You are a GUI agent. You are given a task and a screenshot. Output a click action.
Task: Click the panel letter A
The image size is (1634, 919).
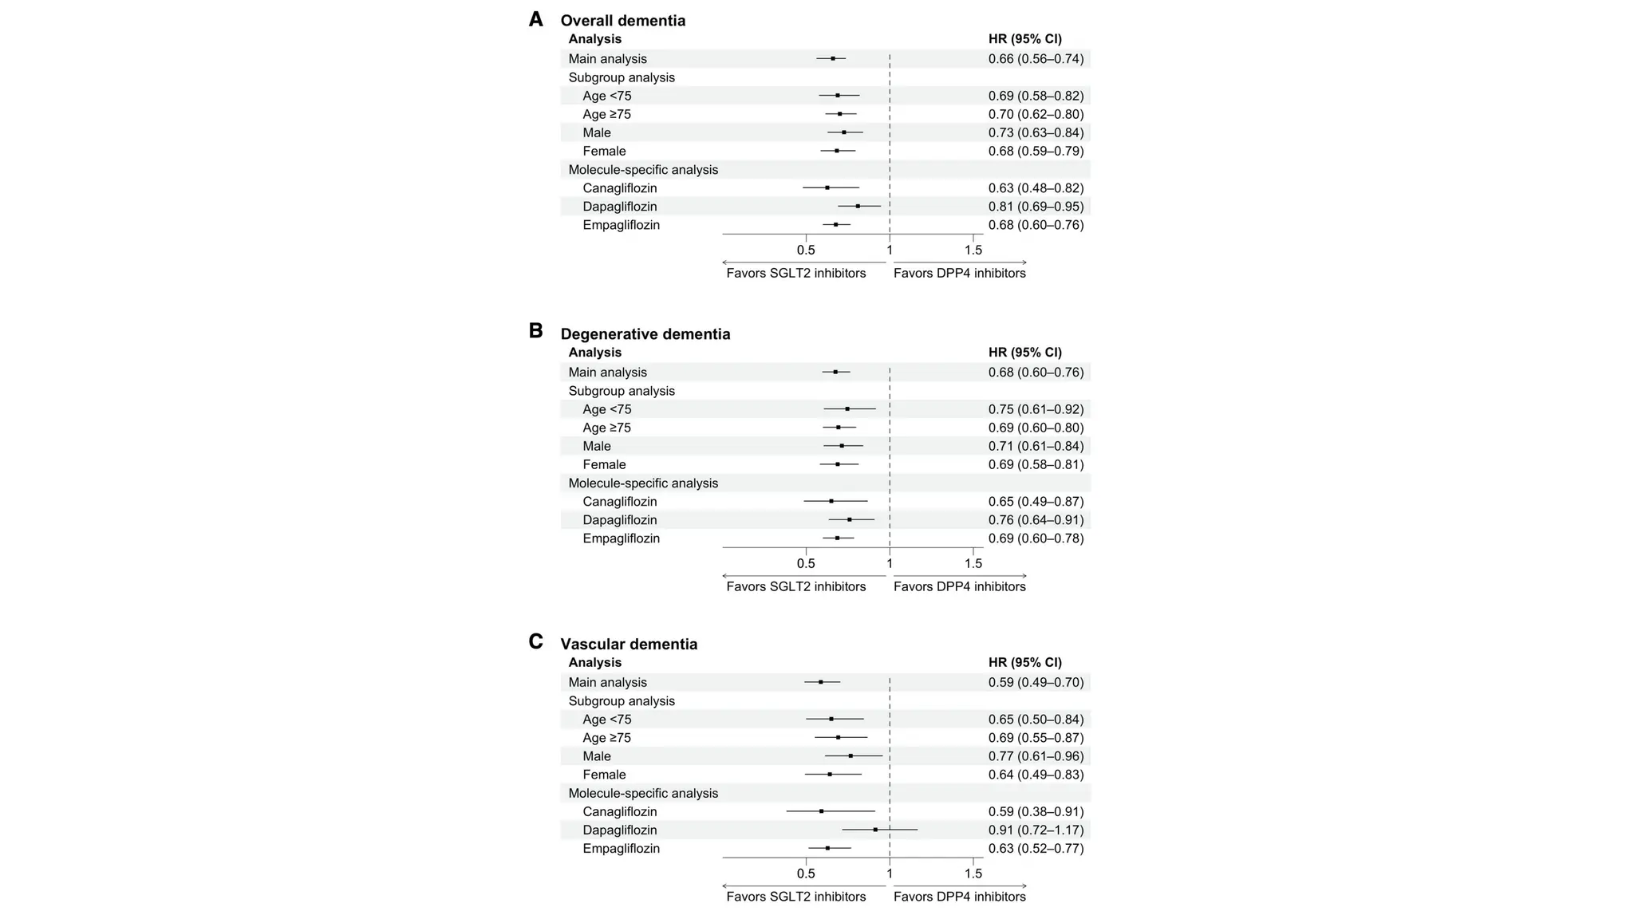[x=536, y=19]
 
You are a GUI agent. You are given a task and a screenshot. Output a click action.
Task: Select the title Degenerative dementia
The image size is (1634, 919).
[x=645, y=334]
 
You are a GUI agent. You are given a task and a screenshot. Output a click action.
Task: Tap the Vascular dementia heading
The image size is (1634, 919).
[x=629, y=644]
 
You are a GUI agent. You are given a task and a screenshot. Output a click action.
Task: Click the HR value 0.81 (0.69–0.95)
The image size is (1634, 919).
[x=1036, y=207]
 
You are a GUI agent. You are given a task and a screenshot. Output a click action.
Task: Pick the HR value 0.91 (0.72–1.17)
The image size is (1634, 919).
[x=1036, y=830]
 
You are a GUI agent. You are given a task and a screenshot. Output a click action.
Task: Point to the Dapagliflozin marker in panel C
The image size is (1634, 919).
[x=875, y=830]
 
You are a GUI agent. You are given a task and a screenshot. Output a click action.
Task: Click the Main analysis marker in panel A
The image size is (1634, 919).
[x=833, y=58]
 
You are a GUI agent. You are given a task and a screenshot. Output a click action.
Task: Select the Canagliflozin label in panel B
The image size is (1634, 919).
[x=619, y=502]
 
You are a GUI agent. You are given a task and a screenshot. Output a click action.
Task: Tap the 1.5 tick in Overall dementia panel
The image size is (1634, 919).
[x=973, y=250]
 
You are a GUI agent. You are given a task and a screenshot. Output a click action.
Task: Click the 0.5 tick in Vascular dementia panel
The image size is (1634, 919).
[x=806, y=874]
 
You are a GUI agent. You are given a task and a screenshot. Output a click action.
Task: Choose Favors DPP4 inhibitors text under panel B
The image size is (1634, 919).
[x=959, y=586]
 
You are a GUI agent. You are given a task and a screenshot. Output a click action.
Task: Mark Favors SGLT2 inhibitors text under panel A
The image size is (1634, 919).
[x=795, y=273]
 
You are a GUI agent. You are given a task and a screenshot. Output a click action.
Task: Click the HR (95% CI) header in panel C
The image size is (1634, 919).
[x=1024, y=662]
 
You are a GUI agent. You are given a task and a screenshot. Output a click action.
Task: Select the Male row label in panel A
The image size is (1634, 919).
[x=597, y=132]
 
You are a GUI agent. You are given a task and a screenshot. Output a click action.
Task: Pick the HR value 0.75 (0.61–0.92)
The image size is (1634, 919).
[x=1036, y=409]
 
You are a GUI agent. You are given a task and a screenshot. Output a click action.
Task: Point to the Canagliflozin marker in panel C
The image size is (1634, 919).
[x=821, y=811]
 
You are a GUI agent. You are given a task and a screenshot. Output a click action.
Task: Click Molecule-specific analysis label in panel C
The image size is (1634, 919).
[x=643, y=793]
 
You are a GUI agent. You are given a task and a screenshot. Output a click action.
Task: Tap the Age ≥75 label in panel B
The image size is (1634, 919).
[x=606, y=428]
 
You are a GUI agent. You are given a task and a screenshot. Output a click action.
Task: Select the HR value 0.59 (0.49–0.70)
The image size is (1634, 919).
[x=1036, y=682]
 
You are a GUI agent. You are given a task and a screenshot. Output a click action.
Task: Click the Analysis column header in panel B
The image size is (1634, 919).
[x=594, y=352]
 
